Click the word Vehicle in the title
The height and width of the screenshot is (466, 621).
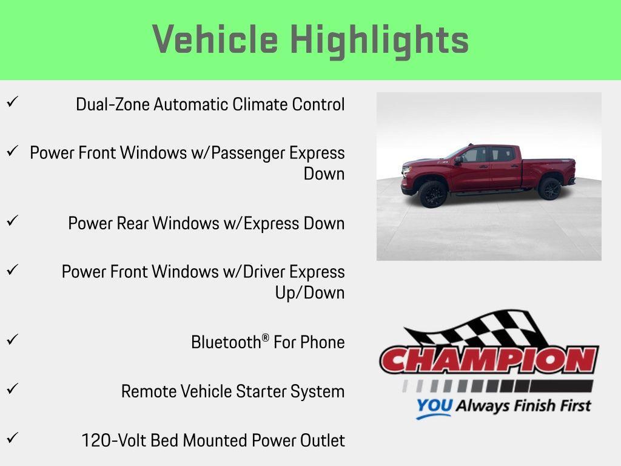click(215, 39)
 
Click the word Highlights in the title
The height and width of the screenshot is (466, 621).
click(380, 41)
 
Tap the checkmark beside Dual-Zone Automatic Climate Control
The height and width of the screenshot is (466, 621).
click(11, 101)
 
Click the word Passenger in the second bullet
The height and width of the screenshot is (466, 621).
click(250, 153)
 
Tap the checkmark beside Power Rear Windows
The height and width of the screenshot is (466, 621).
click(11, 220)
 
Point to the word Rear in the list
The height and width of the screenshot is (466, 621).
click(132, 223)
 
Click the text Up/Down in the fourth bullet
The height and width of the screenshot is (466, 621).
click(309, 292)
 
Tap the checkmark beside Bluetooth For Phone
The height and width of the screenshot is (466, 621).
click(11, 339)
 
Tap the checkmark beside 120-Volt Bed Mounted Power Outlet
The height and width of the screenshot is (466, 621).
click(11, 437)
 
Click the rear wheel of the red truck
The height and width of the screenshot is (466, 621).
click(549, 188)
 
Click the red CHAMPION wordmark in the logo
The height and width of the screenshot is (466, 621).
click(489, 360)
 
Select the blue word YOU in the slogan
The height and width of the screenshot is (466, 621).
click(434, 406)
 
